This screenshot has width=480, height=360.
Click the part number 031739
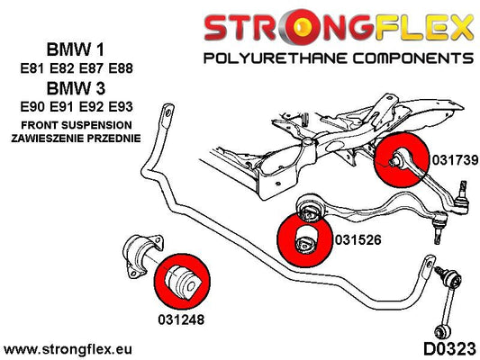pyautogui.click(x=455, y=160)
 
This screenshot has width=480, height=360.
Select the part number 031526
pyautogui.click(x=358, y=239)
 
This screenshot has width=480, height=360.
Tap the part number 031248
pyautogui.click(x=181, y=319)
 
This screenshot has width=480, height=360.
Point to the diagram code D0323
pyautogui.click(x=449, y=349)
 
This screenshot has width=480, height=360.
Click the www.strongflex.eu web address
pyautogui.click(x=68, y=349)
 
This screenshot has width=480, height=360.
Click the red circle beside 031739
pyautogui.click(x=402, y=159)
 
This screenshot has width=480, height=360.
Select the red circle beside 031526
pyautogui.click(x=304, y=240)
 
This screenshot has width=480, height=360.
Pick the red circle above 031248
pyautogui.click(x=183, y=281)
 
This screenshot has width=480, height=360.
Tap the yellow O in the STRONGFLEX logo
pyautogui.click(x=303, y=27)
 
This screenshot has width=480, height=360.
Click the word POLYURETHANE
pyautogui.click(x=271, y=58)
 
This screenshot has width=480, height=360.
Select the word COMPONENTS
pyautogui.click(x=413, y=58)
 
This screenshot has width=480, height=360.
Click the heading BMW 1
pyautogui.click(x=76, y=49)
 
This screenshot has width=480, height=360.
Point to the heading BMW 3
pyautogui.click(x=76, y=88)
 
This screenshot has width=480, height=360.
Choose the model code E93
pyautogui.click(x=121, y=107)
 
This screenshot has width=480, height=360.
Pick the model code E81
pyautogui.click(x=32, y=67)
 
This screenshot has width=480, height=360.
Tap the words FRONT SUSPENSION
pyautogui.click(x=77, y=125)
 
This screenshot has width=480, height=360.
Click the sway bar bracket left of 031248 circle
pyautogui.click(x=142, y=256)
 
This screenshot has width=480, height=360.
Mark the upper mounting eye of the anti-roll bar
pyautogui.click(x=168, y=113)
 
